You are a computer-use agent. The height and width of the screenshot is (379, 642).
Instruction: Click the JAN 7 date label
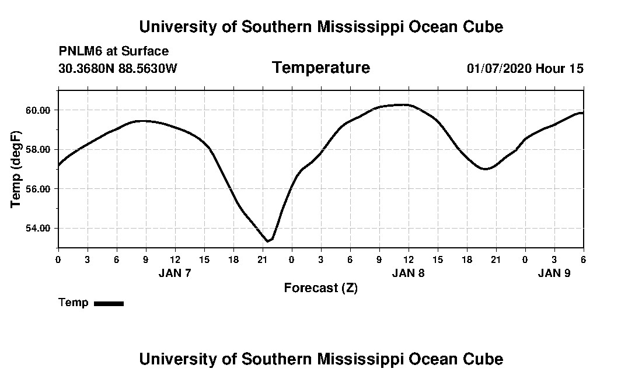pyautogui.click(x=175, y=273)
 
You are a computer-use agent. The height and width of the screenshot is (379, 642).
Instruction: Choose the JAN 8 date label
pyautogui.click(x=408, y=273)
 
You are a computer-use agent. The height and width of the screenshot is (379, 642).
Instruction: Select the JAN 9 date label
pyautogui.click(x=554, y=273)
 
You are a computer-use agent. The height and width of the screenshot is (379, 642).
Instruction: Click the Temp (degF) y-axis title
pyautogui.click(x=16, y=169)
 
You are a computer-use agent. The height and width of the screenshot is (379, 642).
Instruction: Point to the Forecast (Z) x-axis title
pyautogui.click(x=320, y=288)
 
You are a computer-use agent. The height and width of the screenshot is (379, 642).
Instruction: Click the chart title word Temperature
pyautogui.click(x=320, y=68)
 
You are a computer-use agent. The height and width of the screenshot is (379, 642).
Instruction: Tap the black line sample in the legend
pyautogui.click(x=109, y=303)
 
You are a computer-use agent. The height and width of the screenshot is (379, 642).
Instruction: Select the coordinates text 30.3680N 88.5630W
pyautogui.click(x=117, y=68)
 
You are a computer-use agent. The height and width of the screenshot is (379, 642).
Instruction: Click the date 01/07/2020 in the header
pyautogui.click(x=499, y=68)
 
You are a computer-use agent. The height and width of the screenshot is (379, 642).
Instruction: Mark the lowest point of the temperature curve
pyautogui.click(x=268, y=241)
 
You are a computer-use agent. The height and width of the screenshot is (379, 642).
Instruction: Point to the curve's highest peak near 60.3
pyautogui.click(x=403, y=105)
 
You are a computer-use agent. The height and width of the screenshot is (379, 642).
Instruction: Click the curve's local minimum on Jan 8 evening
pyautogui.click(x=484, y=169)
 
